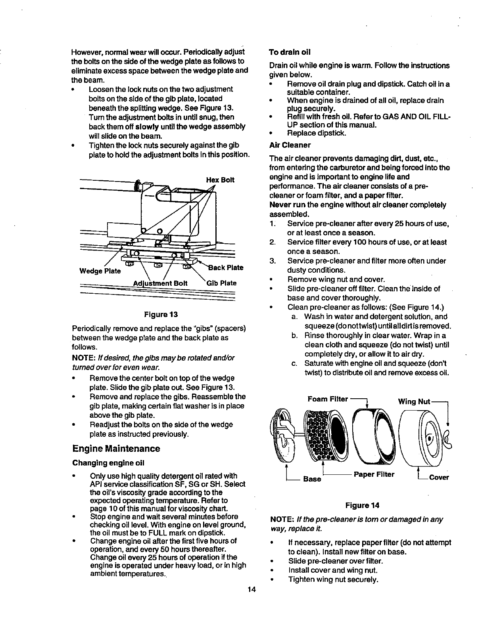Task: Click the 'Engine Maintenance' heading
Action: [116, 449]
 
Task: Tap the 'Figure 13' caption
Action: [160, 315]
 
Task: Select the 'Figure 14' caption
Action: [362, 505]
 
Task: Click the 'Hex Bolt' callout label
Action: [220, 180]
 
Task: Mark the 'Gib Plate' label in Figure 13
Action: [221, 283]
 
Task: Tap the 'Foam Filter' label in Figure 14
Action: [328, 399]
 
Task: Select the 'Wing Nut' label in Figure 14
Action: [414, 402]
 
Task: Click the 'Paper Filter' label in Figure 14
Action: [374, 474]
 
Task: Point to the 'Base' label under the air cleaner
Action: [312, 479]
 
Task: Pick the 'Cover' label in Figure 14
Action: [439, 478]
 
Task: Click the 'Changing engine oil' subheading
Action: [108, 463]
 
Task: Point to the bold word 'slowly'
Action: [148, 126]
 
